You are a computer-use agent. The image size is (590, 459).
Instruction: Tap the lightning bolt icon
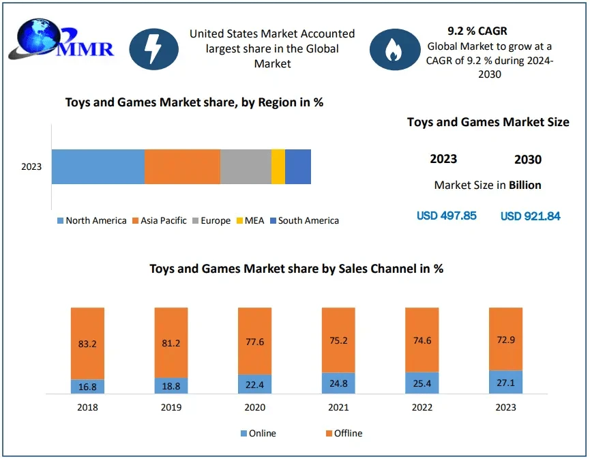point(154,48)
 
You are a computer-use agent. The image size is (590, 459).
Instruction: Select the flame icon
point(394,48)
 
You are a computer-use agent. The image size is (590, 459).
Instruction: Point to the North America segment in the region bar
point(98,166)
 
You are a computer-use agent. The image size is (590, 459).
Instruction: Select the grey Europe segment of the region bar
point(246,166)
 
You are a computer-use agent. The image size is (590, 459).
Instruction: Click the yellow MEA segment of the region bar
point(278,166)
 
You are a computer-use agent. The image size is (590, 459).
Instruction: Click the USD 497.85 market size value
point(446,216)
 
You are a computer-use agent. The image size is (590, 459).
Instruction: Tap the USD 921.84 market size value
point(530,216)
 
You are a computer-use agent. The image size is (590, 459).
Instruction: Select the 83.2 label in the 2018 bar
point(87,344)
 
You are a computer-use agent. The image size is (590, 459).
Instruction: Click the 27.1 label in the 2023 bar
point(505,383)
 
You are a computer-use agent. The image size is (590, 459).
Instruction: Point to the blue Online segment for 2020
point(254,384)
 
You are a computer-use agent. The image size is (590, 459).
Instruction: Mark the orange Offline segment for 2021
point(338,340)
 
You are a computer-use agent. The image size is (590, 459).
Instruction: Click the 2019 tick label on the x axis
point(171,407)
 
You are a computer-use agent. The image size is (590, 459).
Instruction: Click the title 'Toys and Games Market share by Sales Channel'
point(296,269)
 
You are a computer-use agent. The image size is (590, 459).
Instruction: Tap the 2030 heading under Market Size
point(527,160)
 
